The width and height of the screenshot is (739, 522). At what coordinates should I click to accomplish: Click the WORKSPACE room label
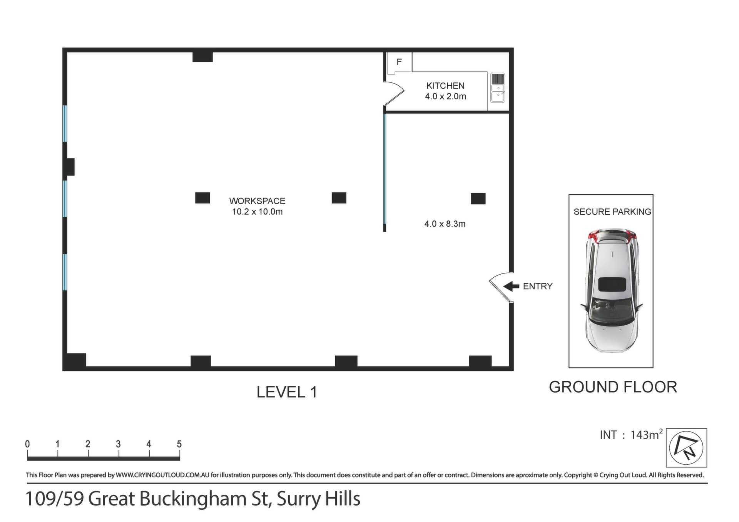click(257, 201)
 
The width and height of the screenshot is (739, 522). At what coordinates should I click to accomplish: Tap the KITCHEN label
click(445, 86)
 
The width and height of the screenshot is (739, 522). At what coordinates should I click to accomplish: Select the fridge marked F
click(399, 62)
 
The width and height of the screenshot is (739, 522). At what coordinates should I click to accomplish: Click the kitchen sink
click(498, 88)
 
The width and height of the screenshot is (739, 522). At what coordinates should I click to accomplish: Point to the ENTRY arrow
click(511, 286)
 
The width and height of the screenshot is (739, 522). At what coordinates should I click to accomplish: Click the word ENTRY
click(538, 286)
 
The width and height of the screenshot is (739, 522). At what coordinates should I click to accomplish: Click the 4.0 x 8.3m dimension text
click(445, 224)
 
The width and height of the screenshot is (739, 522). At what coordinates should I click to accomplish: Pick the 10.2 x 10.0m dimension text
click(257, 212)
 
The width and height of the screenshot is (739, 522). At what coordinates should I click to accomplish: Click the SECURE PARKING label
click(612, 212)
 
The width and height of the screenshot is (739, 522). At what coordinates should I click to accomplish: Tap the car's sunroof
click(612, 285)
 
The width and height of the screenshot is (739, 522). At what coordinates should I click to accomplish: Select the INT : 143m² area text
click(631, 435)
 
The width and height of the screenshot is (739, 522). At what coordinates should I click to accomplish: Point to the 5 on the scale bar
click(179, 444)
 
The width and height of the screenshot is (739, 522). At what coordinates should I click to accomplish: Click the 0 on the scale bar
click(27, 444)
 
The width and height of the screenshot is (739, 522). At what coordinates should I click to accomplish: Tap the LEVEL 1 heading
click(287, 392)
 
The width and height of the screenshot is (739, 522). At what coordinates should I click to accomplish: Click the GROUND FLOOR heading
click(613, 387)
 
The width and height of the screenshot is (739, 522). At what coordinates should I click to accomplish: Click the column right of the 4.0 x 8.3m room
click(478, 198)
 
